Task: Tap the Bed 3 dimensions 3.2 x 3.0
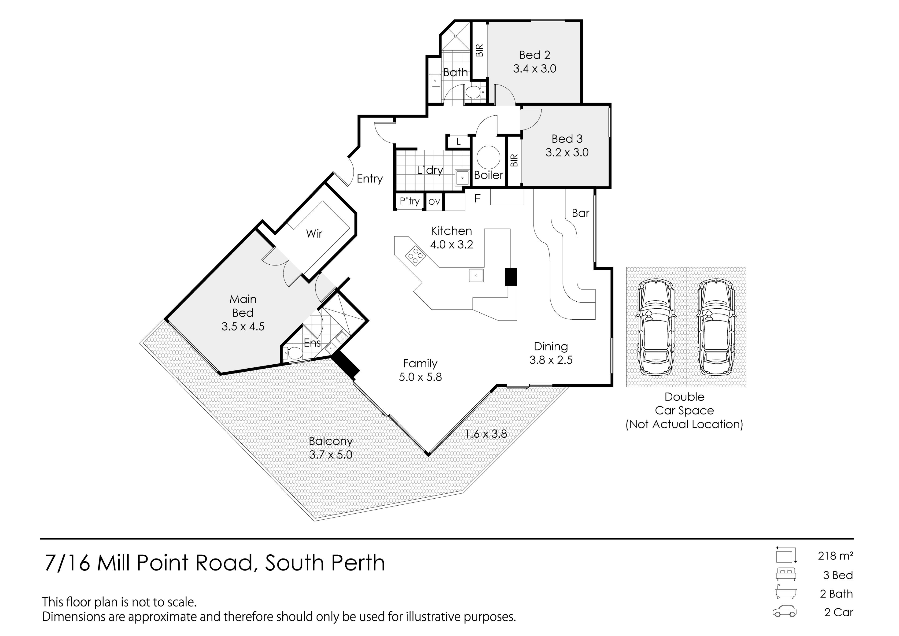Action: (567, 152)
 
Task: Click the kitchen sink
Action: (476, 275)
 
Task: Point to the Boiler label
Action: (489, 175)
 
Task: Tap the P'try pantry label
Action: (409, 201)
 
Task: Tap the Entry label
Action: (370, 179)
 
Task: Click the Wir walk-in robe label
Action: (314, 234)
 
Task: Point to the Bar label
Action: (580, 213)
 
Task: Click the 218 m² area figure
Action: (835, 556)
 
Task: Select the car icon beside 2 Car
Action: (785, 611)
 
